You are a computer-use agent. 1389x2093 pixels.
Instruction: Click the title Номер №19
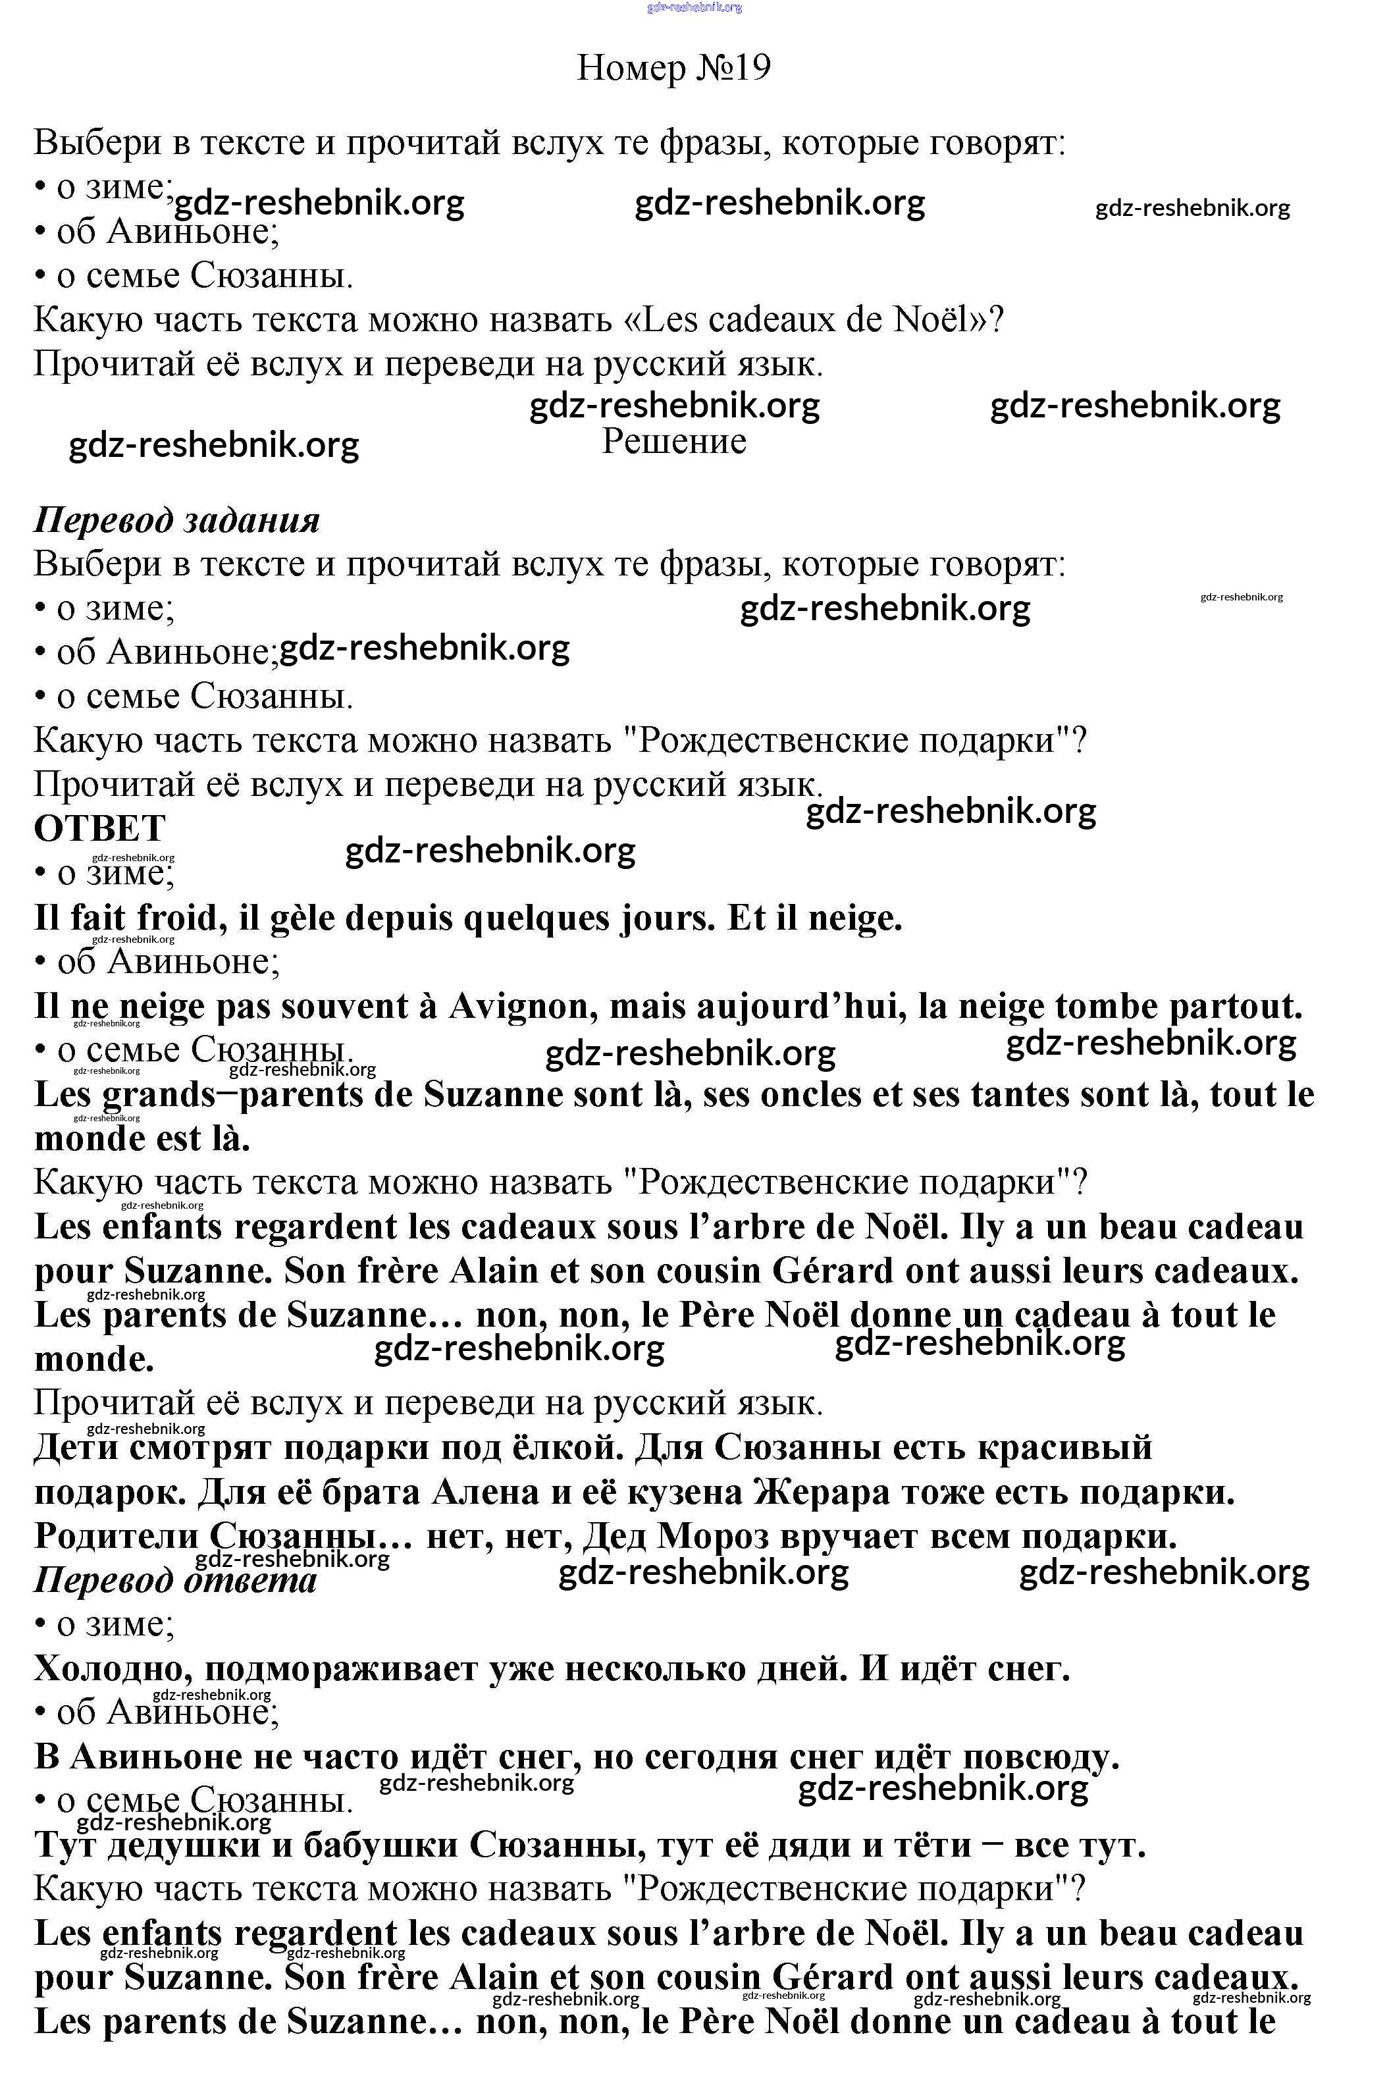[673, 67]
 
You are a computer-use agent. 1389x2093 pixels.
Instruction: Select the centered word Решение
[674, 441]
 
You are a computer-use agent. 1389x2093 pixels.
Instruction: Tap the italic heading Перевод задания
[176, 520]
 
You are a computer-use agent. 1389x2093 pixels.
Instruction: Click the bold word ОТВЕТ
[99, 829]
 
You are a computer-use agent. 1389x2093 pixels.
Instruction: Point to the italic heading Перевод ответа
[175, 1580]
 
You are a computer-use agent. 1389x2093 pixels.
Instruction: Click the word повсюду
[1041, 1757]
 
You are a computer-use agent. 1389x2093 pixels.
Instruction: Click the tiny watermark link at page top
[694, 7]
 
